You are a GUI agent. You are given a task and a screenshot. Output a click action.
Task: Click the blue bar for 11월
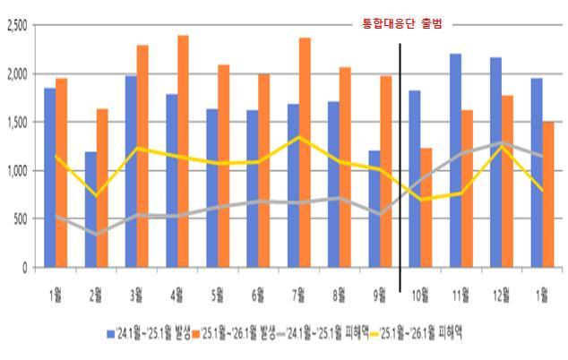pyautogui.click(x=455, y=160)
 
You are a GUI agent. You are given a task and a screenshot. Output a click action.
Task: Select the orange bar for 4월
pyautogui.click(x=183, y=151)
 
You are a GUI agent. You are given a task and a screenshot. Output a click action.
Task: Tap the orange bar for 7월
pyautogui.click(x=305, y=152)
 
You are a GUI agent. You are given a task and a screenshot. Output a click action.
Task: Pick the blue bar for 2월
pyautogui.click(x=90, y=210)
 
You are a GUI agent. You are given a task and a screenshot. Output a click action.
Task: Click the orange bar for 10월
pyautogui.click(x=426, y=208)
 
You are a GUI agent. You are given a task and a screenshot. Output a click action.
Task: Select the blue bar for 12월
pyautogui.click(x=495, y=162)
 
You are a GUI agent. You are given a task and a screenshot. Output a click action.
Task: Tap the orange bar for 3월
pyautogui.click(x=142, y=156)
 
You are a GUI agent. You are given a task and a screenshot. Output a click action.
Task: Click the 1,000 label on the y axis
pyautogui.click(x=18, y=170)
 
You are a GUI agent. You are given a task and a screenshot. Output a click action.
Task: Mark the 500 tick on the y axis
pyautogui.click(x=22, y=219)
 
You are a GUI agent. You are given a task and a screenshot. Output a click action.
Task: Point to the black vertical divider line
pyautogui.click(x=400, y=152)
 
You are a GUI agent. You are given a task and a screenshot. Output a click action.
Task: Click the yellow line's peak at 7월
pyautogui.click(x=299, y=137)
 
